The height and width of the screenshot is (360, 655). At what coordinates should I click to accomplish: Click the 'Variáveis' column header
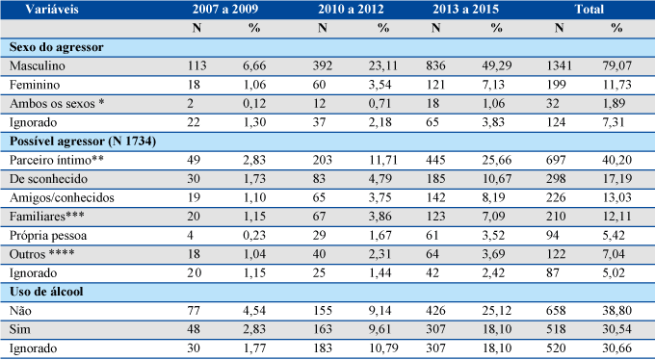pos(52,10)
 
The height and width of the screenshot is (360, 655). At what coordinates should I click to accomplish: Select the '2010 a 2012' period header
pos(351,10)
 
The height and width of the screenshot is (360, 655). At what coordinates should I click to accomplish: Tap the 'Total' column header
pos(589,10)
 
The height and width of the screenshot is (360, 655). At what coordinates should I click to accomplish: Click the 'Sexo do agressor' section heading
pos(57,47)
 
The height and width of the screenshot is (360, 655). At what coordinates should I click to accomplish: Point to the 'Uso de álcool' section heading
pos(46,292)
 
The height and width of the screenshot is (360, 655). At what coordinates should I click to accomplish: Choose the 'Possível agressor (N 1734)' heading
pos(83,141)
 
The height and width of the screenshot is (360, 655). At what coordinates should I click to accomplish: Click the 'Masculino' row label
pos(38,66)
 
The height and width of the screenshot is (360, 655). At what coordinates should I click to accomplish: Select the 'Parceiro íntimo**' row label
pos(57,160)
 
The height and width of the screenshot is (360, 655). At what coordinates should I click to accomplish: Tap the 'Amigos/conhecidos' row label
pos(62,197)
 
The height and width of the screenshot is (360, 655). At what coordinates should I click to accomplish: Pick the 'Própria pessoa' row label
pos(48,236)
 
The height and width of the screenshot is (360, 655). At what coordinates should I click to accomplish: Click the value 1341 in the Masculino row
pos(559,66)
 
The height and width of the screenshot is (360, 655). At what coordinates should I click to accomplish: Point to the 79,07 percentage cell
pos(617,66)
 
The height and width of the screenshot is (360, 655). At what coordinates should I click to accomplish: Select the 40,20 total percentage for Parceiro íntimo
pos(617,160)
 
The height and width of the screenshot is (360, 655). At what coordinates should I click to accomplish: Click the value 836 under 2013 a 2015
pos(435,66)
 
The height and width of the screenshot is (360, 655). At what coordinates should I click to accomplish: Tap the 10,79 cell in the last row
pos(383,348)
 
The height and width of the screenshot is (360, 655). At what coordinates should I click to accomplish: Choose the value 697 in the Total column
pos(556,160)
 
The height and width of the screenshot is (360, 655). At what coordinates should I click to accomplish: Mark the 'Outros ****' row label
pos(42,254)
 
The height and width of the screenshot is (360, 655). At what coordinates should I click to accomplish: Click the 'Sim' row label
pos(20,329)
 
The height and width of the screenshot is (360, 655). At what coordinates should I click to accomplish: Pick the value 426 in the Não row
pos(435,311)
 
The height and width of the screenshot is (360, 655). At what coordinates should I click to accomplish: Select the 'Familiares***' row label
pos(47,217)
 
